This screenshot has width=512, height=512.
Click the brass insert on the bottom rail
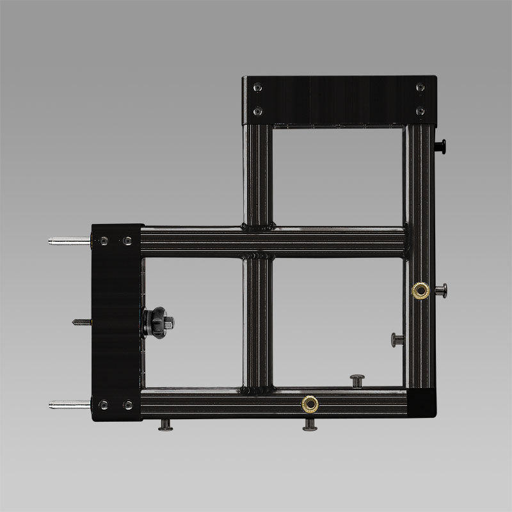[x=310, y=403]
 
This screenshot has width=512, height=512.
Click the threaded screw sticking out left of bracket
[x=82, y=322]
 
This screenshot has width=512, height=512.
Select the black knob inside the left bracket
[x=157, y=322]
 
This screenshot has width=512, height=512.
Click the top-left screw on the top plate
[x=257, y=88]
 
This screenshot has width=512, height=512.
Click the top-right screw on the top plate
[x=420, y=88]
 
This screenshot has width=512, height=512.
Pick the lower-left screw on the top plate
[x=257, y=111]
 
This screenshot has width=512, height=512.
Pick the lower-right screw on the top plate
[x=420, y=111]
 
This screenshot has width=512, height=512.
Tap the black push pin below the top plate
[x=441, y=147]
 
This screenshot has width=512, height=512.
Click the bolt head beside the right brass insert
[x=441, y=291]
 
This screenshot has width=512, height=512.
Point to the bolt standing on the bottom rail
[x=356, y=380]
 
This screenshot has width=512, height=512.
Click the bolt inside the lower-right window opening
[x=397, y=339]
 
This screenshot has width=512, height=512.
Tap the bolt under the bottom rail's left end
[x=166, y=424]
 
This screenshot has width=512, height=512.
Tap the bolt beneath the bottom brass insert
[x=310, y=424]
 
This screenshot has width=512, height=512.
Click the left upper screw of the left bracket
[x=104, y=241]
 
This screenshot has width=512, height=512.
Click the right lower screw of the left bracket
[x=127, y=404]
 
